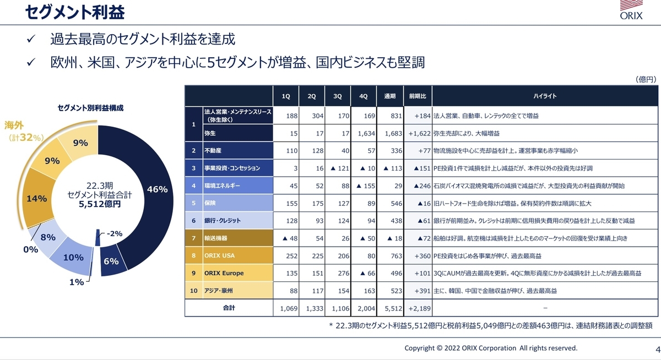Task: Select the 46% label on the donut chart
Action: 157,189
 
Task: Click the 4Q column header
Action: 363,96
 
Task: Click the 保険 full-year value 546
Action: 389,203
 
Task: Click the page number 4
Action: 657,348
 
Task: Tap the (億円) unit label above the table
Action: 646,80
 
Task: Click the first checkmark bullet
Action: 31,40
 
